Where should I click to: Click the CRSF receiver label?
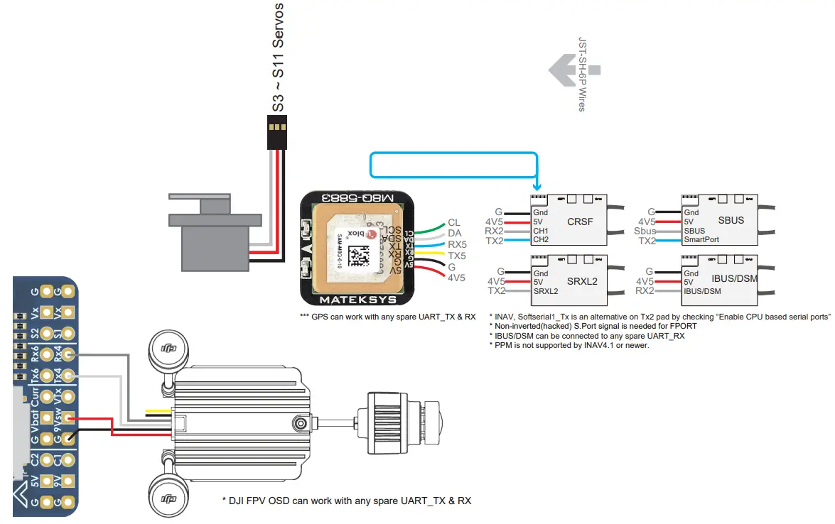580,222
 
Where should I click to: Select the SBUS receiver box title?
731,220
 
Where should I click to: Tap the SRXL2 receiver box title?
583,282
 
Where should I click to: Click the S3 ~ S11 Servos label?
279,57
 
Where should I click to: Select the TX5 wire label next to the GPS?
457,255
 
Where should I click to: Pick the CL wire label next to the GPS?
454,223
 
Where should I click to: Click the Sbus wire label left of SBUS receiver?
645,231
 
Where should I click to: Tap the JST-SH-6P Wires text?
582,74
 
